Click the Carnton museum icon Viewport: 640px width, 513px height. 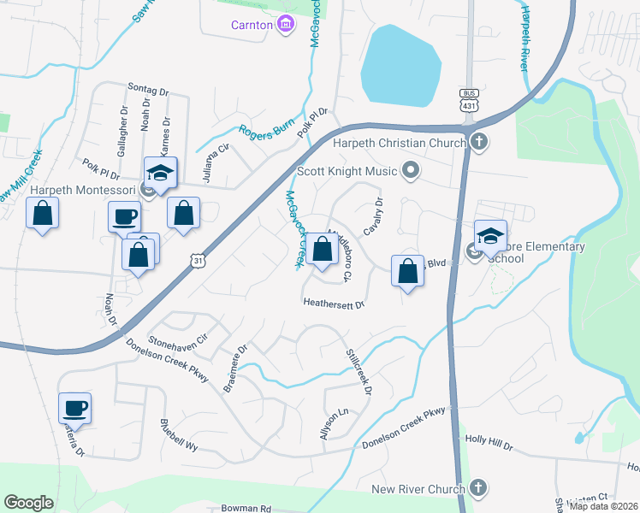coord(285,25)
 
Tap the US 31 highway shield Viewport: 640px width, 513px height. coord(199,259)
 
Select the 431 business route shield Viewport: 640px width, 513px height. coord(468,99)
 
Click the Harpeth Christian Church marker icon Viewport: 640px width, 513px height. coord(479,141)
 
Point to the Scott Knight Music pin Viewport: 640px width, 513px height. coord(411,171)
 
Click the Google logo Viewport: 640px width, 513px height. coord(29,503)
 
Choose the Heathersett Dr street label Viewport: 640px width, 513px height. coord(334,304)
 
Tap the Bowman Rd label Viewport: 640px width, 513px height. coord(246,508)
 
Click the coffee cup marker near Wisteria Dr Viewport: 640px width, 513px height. coord(74,408)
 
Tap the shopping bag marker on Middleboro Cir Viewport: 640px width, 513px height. coord(322,250)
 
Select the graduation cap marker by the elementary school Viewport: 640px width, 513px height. coord(491,236)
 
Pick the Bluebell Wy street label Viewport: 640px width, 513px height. coord(179,435)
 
